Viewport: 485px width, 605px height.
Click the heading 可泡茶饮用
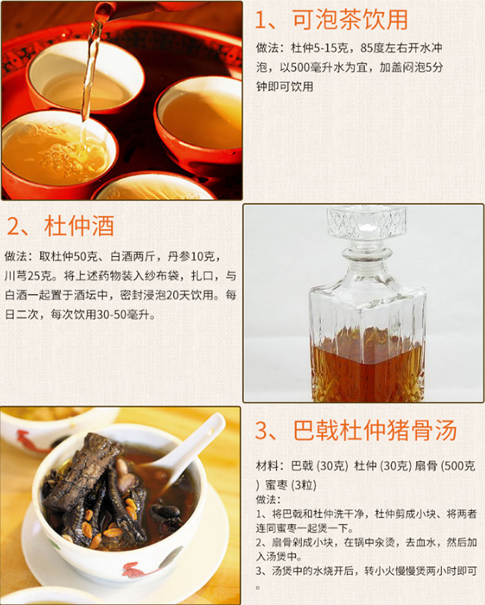[350, 19]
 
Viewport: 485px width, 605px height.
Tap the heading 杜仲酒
[79, 226]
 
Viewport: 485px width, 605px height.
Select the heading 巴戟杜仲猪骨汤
[375, 430]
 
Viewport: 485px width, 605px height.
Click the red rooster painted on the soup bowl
[139, 570]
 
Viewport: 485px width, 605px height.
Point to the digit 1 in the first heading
[260, 20]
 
